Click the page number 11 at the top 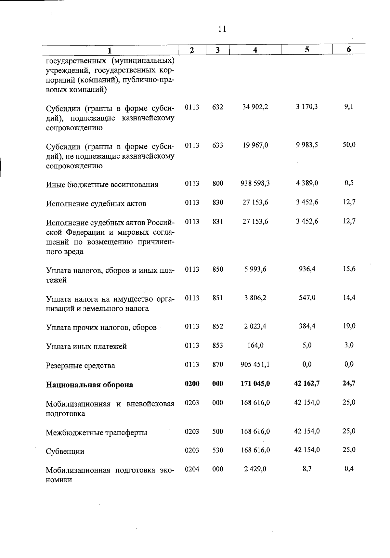pos(222,29)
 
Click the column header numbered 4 pos(255,50)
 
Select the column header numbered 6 pos(349,49)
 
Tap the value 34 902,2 pos(255,107)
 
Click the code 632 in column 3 pos(217,107)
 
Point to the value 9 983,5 pos(307,145)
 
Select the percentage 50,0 pos(349,145)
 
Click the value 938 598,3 pos(255,183)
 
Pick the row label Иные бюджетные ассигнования pos(102,185)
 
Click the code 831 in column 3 pos(217,221)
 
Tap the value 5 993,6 pos(255,269)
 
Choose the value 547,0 pos(307,298)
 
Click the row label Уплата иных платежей pos(86,346)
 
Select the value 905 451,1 pos(255,364)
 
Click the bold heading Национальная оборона pos(89,385)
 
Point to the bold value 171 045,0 pos(255,383)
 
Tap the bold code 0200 pos(192,383)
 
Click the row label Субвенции pos(65,451)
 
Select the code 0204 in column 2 pos(192,469)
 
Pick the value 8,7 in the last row pos(307,469)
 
